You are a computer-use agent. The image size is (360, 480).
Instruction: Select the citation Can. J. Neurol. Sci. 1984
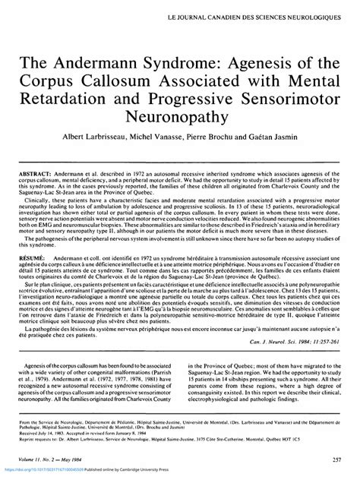point(289,354)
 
